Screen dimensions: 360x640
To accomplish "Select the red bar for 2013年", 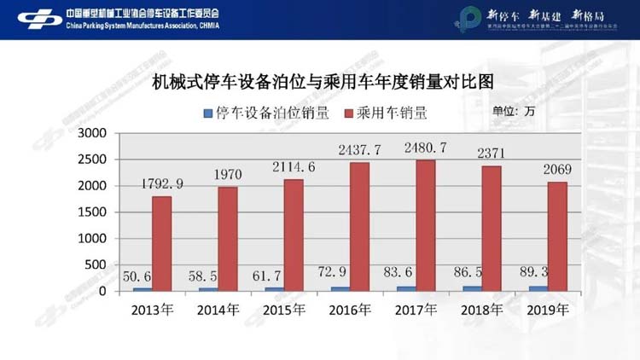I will coord(162,244).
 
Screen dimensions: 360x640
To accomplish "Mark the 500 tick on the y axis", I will coord(94,265).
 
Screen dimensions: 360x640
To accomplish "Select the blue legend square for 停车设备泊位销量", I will coord(208,113).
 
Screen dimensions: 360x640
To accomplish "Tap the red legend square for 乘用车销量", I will coord(347,113).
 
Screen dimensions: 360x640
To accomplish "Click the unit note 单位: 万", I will coord(514,112).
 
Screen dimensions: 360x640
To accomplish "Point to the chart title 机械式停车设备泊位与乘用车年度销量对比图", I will coord(323,83).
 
